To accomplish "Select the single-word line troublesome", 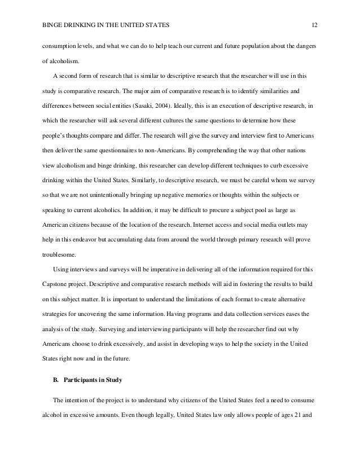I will coord(58,255).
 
